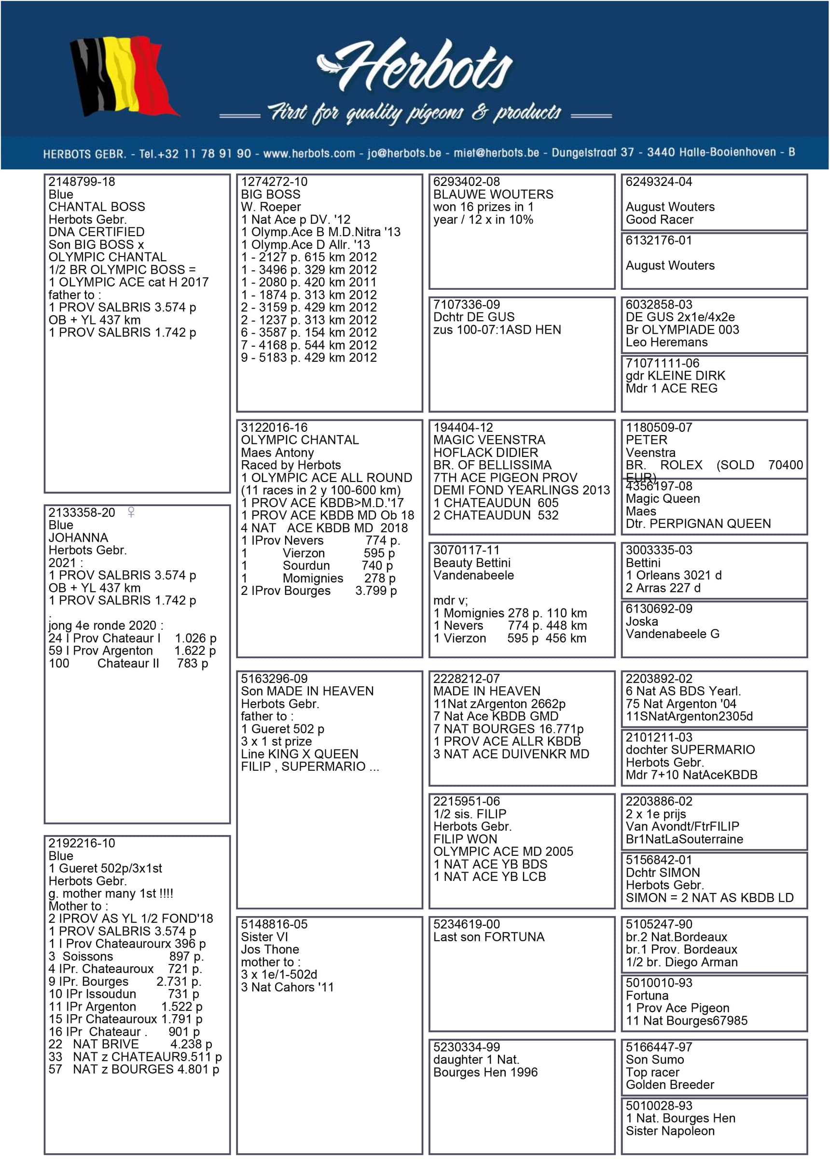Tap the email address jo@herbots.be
pyautogui.click(x=404, y=154)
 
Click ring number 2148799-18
pyautogui.click(x=82, y=182)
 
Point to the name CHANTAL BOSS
pyautogui.click(x=97, y=207)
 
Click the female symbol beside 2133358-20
pyautogui.click(x=131, y=512)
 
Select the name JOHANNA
pyautogui.click(x=78, y=538)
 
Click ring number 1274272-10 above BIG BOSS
pyautogui.click(x=274, y=182)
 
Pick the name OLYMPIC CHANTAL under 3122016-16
pyautogui.click(x=300, y=440)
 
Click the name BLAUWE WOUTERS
pyautogui.click(x=493, y=195)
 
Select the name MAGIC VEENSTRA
pyautogui.click(x=489, y=440)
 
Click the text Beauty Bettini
pyautogui.click(x=471, y=563)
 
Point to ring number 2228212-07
pyautogui.click(x=466, y=679)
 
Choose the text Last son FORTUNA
pyautogui.click(x=489, y=937)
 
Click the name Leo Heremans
pyautogui.click(x=666, y=342)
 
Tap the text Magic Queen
pyautogui.click(x=663, y=499)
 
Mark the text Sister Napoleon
pyautogui.click(x=669, y=1131)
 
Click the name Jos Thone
pyautogui.click(x=270, y=949)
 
